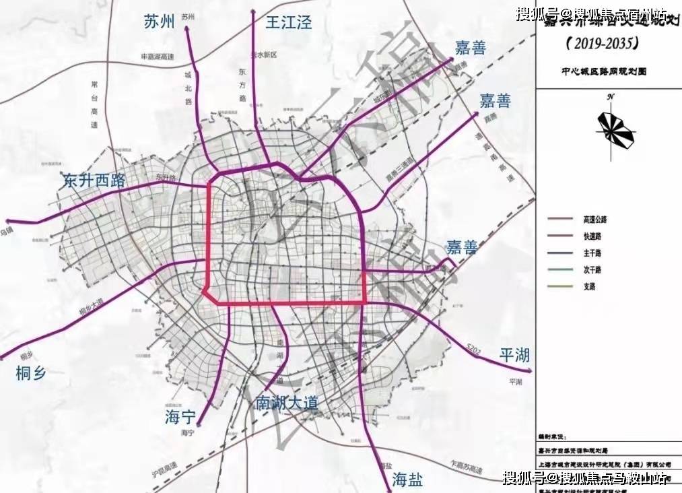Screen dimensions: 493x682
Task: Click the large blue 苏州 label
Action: pyautogui.click(x=160, y=22)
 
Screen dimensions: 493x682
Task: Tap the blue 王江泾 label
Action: pyautogui.click(x=289, y=22)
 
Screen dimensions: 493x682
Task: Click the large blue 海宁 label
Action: pyautogui.click(x=180, y=417)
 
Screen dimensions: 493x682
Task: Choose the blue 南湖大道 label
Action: pyautogui.click(x=287, y=403)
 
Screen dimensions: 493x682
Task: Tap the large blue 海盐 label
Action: pyautogui.click(x=408, y=480)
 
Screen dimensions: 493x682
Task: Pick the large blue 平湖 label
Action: pyautogui.click(x=516, y=355)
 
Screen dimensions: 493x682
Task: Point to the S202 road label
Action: pyautogui.click(x=475, y=349)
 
